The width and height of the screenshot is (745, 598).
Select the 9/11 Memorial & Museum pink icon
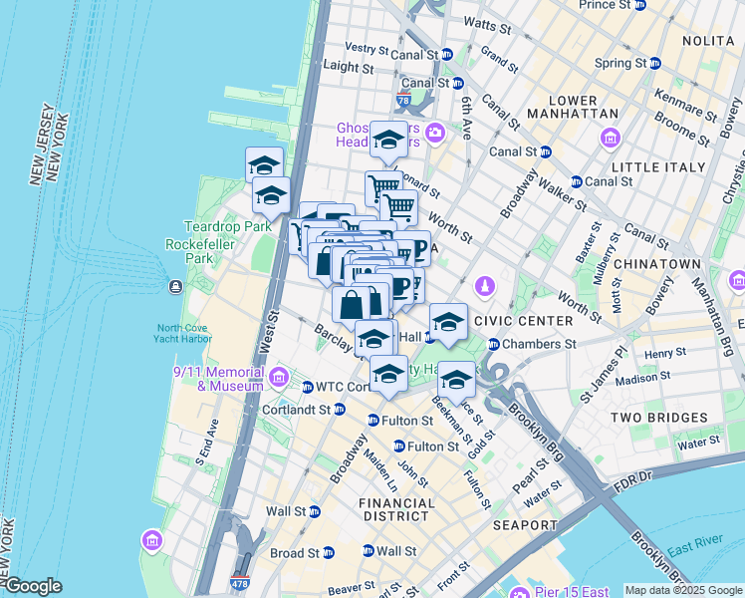coord(279,377)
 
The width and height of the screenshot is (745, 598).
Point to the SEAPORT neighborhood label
coord(525,525)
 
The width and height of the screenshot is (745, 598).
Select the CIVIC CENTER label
coord(524,321)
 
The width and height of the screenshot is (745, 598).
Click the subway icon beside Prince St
coord(640,5)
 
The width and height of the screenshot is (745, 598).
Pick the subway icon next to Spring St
coord(654,63)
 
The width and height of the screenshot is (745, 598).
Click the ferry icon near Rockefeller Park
coord(175,287)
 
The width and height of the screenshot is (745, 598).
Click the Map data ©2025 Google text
coord(682,590)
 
